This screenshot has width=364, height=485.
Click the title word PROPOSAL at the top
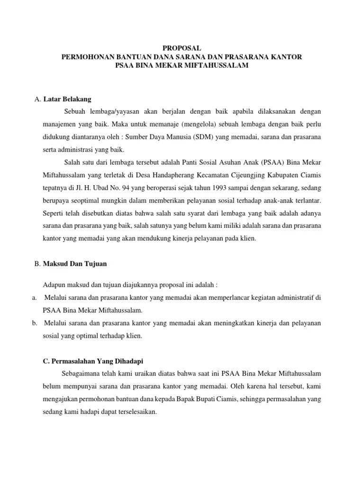pyautogui.click(x=182, y=48)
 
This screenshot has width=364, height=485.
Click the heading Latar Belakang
pyautogui.click(x=67, y=99)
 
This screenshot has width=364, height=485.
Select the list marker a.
pyautogui.click(x=35, y=298)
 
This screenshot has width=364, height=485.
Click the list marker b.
pyautogui.click(x=35, y=323)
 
